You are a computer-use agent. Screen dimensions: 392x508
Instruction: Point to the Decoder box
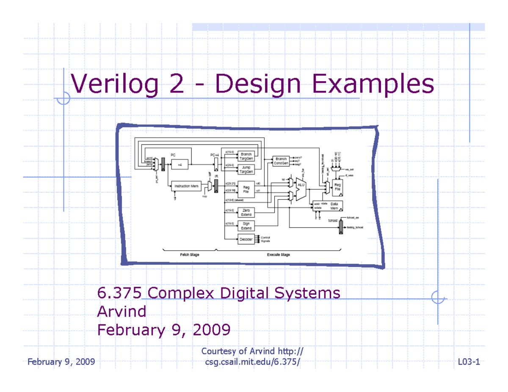tap(246, 239)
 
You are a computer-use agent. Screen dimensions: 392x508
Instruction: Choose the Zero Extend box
tap(246, 212)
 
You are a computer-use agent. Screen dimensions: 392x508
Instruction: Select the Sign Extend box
tap(246, 226)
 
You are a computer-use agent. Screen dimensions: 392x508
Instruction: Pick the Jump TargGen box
tap(246, 170)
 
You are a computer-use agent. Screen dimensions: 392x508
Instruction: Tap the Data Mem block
tap(334, 206)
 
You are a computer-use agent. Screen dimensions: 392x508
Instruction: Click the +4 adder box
tap(179, 165)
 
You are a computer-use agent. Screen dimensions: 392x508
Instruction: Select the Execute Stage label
tap(278, 255)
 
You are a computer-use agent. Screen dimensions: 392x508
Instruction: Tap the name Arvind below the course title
tap(122, 312)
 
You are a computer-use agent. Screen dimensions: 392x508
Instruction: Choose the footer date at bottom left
tap(61, 362)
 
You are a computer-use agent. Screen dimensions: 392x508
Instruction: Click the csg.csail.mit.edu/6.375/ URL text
tap(254, 362)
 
